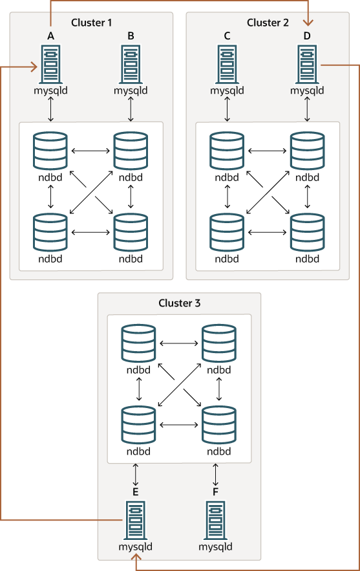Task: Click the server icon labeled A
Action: [50, 63]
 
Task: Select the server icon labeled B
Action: [131, 63]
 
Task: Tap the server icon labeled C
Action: [227, 63]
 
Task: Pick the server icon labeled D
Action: [307, 63]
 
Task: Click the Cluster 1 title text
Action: [91, 23]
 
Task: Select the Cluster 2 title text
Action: [268, 23]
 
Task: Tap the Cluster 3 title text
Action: [179, 303]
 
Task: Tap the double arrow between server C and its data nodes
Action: [227, 109]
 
